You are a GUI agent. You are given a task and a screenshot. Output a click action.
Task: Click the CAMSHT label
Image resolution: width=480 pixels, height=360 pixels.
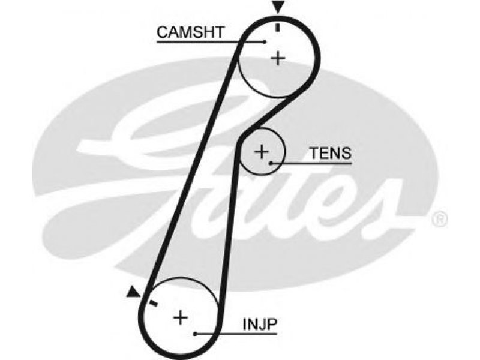pyautogui.click(x=191, y=32)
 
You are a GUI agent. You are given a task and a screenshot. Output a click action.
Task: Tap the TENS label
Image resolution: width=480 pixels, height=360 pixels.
pyautogui.click(x=331, y=153)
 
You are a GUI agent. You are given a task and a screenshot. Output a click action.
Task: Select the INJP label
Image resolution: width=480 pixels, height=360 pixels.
pyautogui.click(x=260, y=324)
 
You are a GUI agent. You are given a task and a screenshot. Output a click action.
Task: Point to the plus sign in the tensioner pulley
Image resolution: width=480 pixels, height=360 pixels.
pyautogui.click(x=262, y=151)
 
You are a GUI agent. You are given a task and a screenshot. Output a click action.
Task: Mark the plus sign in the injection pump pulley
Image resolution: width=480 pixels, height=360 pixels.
pyautogui.click(x=181, y=317)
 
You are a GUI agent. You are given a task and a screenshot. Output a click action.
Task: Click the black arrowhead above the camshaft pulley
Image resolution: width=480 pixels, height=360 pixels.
pyautogui.click(x=278, y=7)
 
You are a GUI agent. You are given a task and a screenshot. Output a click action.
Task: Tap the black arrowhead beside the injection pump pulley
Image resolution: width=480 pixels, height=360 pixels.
pyautogui.click(x=133, y=292)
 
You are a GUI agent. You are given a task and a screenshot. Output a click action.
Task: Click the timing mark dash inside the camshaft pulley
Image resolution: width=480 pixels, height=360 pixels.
pyautogui.click(x=278, y=27)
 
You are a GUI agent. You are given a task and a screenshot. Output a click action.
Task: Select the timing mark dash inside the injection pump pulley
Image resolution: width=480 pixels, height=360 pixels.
pyautogui.click(x=153, y=304)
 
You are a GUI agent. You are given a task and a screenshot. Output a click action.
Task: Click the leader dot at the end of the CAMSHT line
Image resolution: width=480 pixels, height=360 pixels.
pyautogui.click(x=265, y=41)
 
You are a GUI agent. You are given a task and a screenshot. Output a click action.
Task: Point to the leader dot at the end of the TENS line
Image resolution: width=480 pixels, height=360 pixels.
pyautogui.click(x=271, y=163)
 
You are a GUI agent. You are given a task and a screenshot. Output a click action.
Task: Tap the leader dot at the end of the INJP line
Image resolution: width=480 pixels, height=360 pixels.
pyautogui.click(x=196, y=334)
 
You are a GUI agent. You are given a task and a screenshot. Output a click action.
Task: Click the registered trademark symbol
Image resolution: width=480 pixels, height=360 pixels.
pyautogui.click(x=440, y=219)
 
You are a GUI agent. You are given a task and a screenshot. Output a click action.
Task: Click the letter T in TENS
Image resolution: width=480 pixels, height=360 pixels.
pyautogui.click(x=316, y=153)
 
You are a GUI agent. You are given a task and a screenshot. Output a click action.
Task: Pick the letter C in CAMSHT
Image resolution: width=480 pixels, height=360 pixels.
pyautogui.click(x=162, y=32)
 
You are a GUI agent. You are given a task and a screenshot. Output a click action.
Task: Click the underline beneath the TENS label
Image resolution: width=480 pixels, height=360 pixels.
pyautogui.click(x=311, y=163)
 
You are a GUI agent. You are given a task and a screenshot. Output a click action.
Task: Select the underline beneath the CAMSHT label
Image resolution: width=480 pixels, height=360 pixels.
pyautogui.click(x=211, y=41)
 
